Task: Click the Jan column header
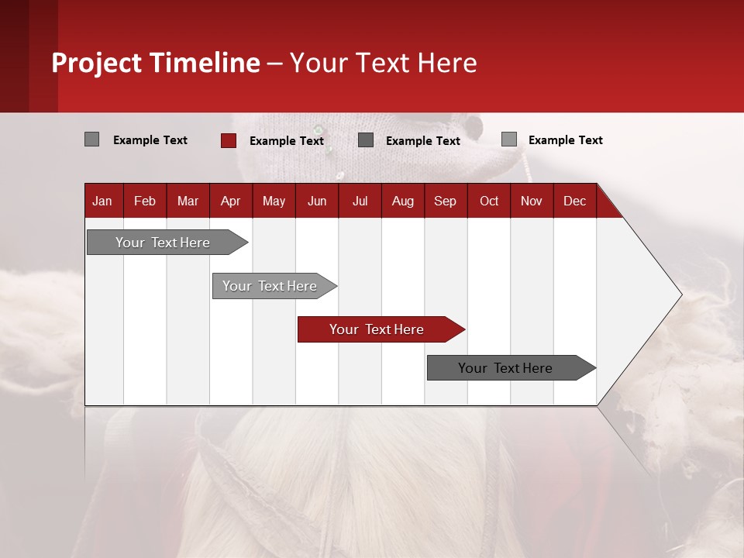click(102, 201)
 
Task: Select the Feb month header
click(145, 201)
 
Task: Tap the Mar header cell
click(188, 201)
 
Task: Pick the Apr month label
click(230, 201)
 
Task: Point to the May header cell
click(274, 201)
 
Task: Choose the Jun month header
click(317, 201)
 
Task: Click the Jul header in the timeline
click(360, 201)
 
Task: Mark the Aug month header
click(403, 201)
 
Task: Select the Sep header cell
click(445, 201)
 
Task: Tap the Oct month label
click(489, 201)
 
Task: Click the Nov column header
click(532, 201)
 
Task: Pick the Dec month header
click(574, 201)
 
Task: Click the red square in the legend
click(228, 140)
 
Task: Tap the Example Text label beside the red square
click(287, 141)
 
